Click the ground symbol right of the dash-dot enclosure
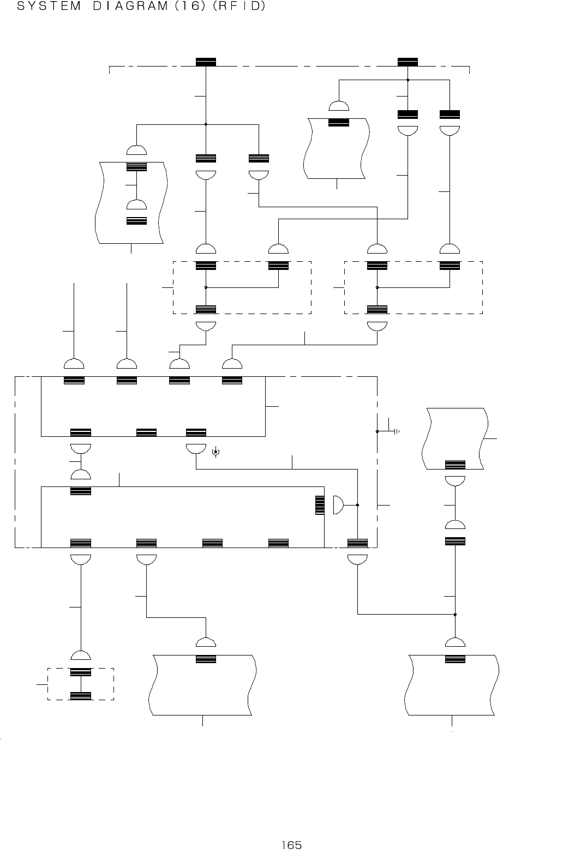click(x=396, y=431)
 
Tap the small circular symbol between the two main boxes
click(x=215, y=452)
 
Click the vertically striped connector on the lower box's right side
click(x=320, y=505)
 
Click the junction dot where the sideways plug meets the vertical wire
click(x=357, y=505)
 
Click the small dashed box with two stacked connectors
click(x=81, y=684)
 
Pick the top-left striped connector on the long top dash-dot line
click(x=206, y=62)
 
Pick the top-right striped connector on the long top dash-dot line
click(x=408, y=62)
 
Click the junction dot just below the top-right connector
click(x=408, y=80)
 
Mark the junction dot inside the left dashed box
click(x=206, y=287)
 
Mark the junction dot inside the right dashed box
click(x=377, y=287)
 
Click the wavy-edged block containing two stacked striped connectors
click(x=131, y=202)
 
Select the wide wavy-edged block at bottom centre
click(x=202, y=685)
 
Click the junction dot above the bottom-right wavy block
click(x=455, y=615)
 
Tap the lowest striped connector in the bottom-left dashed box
click(x=81, y=696)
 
